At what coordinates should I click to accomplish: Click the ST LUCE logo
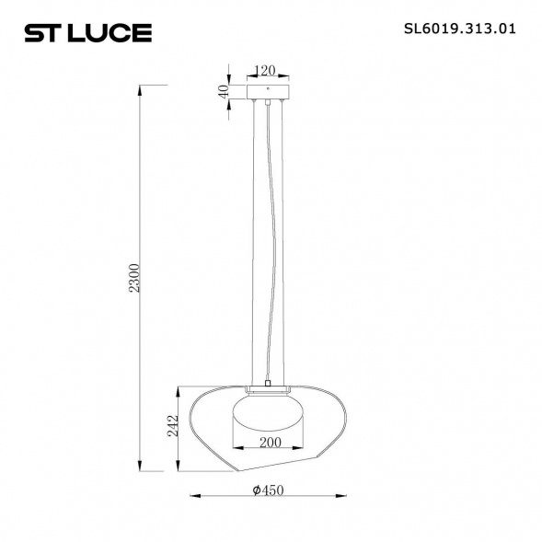point(87,33)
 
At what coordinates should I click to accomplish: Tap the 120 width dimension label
point(266,70)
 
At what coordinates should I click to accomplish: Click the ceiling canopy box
point(268,94)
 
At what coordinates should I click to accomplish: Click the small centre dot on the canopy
point(268,88)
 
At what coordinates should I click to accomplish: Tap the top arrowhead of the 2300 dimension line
point(141,87)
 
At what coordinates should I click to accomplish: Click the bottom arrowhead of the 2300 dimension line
point(141,466)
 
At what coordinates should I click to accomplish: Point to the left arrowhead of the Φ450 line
point(192,498)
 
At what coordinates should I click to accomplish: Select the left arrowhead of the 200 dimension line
point(230,450)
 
